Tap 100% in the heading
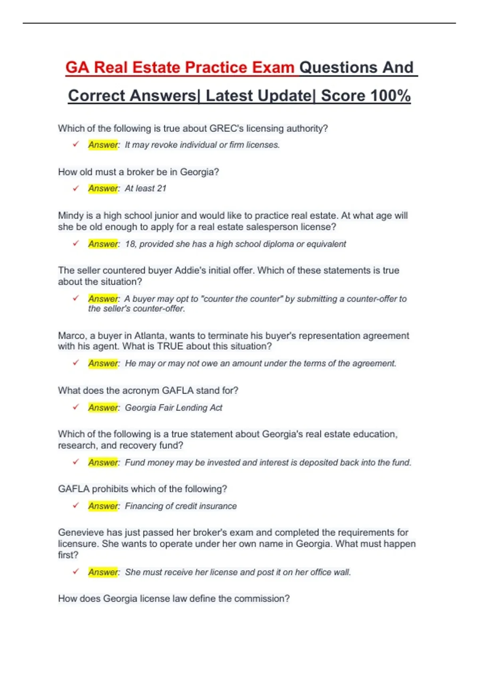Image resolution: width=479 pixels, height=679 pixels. (390, 96)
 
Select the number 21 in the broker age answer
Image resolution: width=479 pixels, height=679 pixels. (161, 189)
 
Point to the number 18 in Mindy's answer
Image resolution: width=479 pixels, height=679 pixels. (130, 244)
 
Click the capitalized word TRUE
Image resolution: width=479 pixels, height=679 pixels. (170, 346)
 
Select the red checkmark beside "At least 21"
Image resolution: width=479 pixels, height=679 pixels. (76, 188)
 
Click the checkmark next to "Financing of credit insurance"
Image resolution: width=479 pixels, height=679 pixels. (76, 506)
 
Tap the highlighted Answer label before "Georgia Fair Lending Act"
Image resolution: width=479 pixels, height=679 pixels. (103, 408)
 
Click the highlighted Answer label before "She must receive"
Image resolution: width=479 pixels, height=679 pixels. (103, 572)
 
